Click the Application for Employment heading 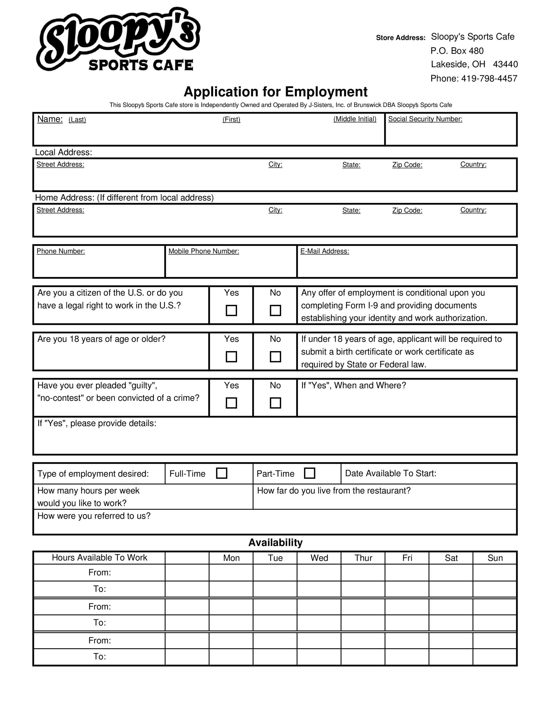pyautogui.click(x=275, y=92)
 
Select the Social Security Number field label pyautogui.click(x=425, y=119)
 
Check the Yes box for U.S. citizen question pyautogui.click(x=231, y=311)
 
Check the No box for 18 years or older pyautogui.click(x=275, y=357)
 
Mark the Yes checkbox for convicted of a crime pyautogui.click(x=231, y=403)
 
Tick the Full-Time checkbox pyautogui.click(x=222, y=473)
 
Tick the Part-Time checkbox pyautogui.click(x=309, y=473)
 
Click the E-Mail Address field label pyautogui.click(x=325, y=251)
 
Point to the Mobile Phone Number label pyautogui.click(x=204, y=251)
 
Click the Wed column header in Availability pyautogui.click(x=319, y=558)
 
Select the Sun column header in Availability pyautogui.click(x=495, y=558)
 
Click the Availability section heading pyautogui.click(x=275, y=542)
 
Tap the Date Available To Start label pyautogui.click(x=390, y=473)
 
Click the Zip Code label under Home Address pyautogui.click(x=407, y=210)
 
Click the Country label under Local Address pyautogui.click(x=473, y=165)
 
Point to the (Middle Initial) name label pyautogui.click(x=354, y=119)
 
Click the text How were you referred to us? pyautogui.click(x=94, y=516)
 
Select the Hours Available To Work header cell pyautogui.click(x=99, y=558)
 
